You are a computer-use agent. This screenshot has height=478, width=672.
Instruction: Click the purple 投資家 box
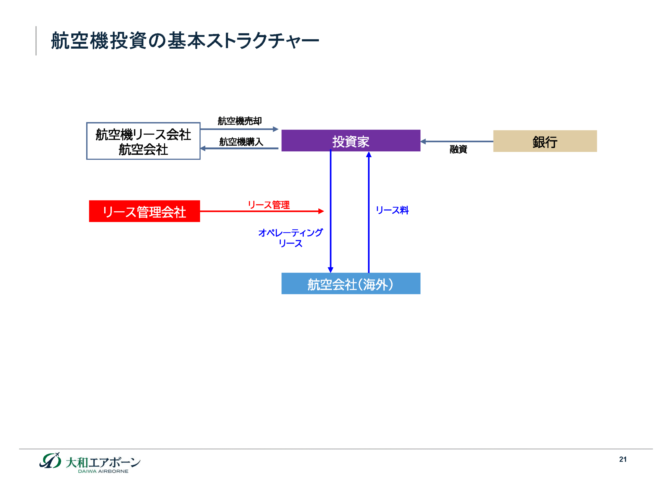351,141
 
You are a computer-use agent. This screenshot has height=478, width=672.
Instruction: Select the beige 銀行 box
545,141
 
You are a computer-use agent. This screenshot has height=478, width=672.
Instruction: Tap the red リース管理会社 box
144,211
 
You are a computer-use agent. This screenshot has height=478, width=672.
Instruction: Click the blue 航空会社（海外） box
351,284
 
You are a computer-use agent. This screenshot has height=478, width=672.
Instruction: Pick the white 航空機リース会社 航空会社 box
143,141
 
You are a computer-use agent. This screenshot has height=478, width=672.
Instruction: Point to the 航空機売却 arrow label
240,121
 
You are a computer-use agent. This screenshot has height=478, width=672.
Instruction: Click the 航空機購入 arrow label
241,142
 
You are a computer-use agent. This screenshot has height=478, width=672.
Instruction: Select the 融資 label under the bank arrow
458,149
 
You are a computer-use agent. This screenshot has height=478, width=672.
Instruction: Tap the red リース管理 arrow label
269,205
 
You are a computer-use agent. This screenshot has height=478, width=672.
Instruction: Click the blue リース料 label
392,210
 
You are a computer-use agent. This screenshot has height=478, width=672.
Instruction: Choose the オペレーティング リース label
290,238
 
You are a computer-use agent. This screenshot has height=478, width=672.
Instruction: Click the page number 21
623,459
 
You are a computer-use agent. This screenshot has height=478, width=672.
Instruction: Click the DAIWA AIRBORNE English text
103,471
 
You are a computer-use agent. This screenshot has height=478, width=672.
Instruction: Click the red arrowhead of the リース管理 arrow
321,211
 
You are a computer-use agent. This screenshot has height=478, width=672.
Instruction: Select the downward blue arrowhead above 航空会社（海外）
330,270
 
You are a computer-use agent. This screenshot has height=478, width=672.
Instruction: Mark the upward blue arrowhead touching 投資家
369,155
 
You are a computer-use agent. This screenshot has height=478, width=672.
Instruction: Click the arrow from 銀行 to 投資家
457,142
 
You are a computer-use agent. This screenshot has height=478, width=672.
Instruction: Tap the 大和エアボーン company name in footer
103,462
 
